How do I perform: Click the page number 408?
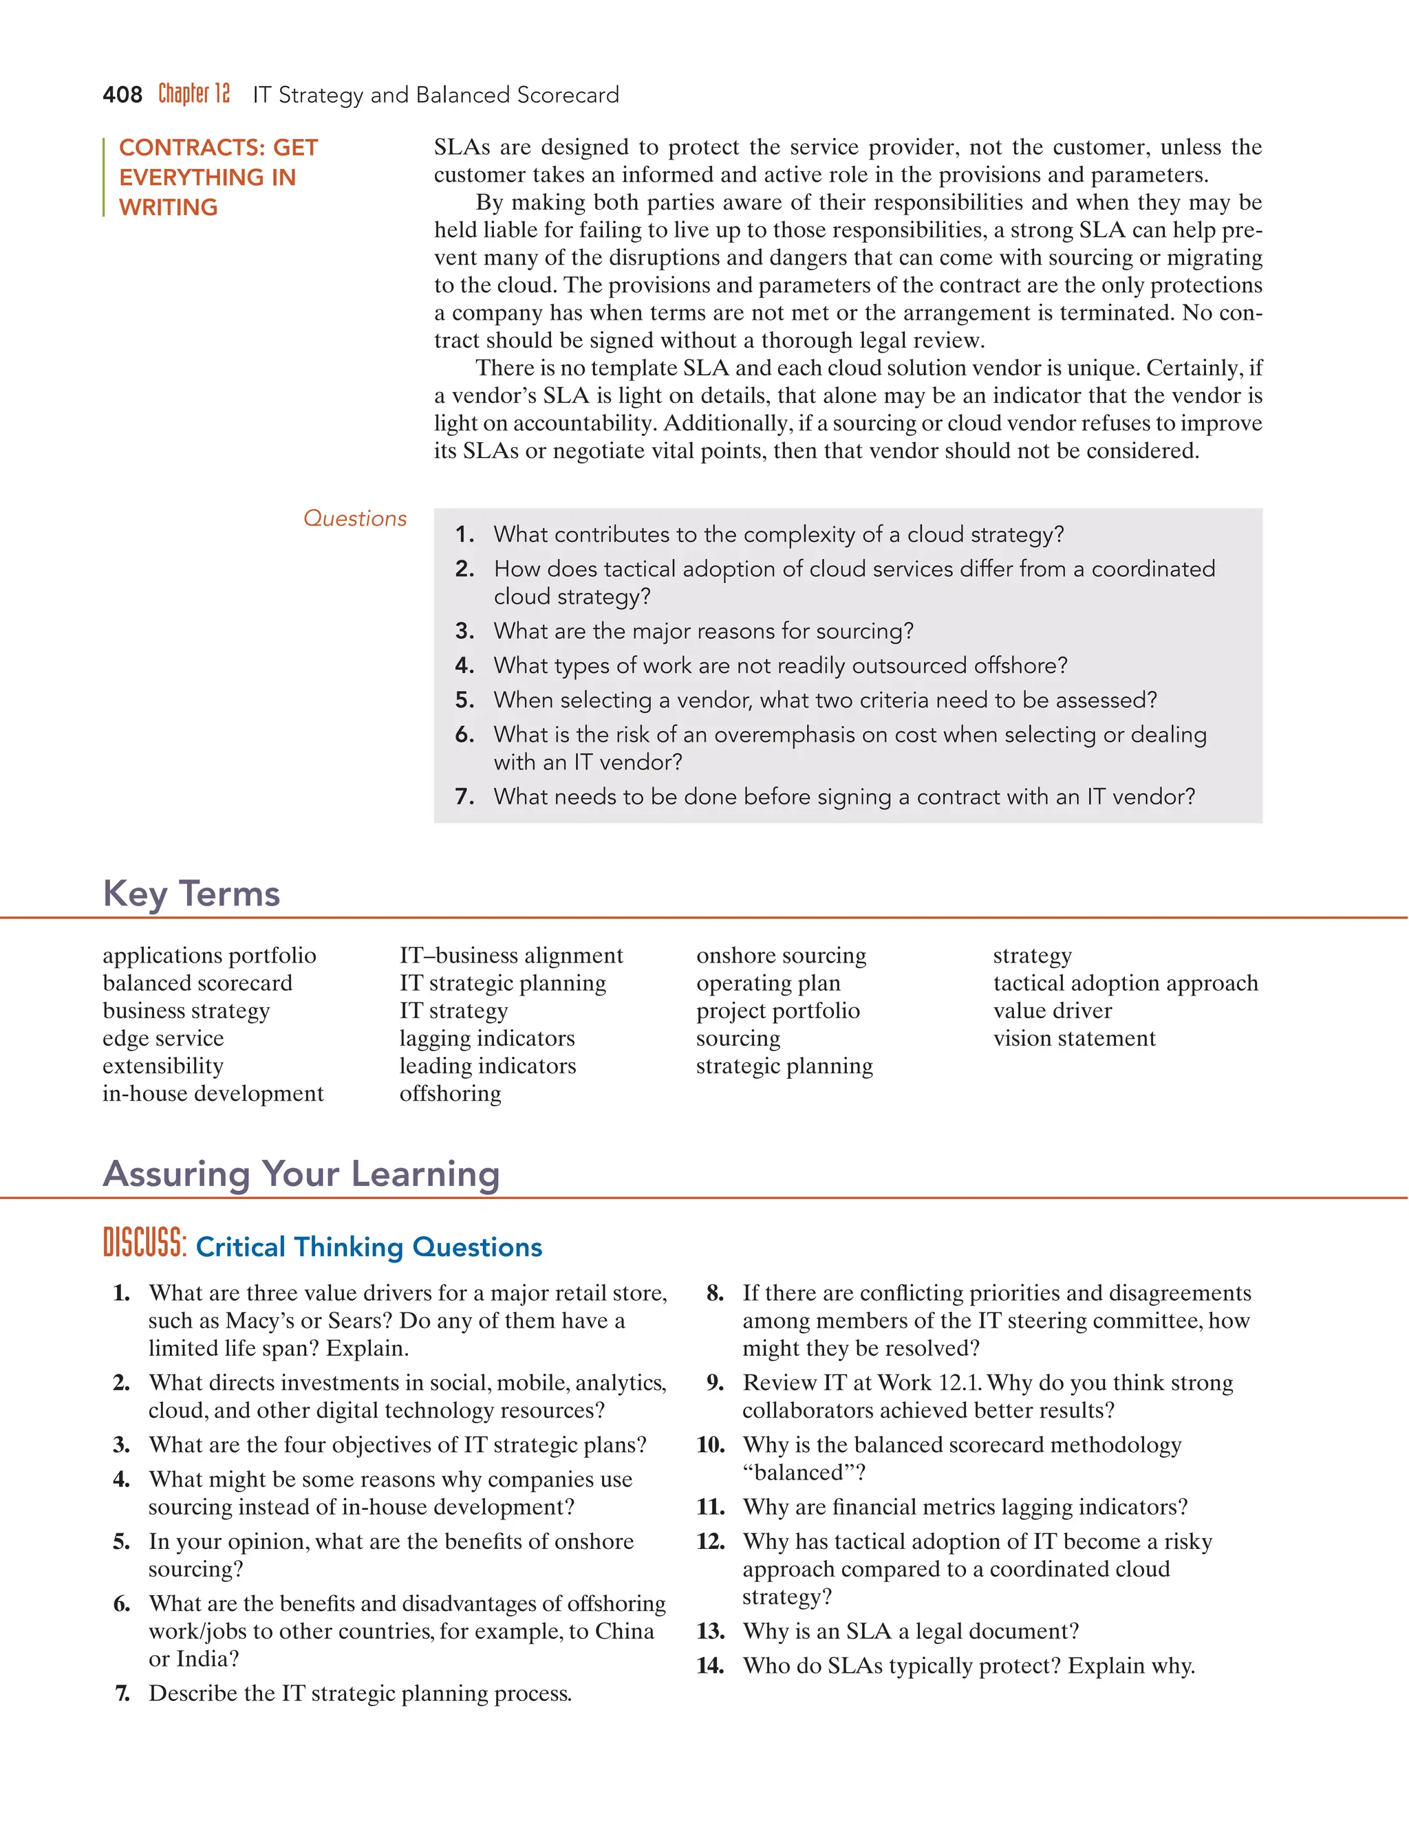point(122,95)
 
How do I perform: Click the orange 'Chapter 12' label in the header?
point(193,94)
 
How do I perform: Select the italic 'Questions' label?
point(355,518)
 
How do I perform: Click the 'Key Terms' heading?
point(191,894)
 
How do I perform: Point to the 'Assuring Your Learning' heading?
point(301,1174)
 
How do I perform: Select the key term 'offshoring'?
point(450,1093)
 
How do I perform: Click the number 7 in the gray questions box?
point(464,797)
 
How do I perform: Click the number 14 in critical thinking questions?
point(709,1666)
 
